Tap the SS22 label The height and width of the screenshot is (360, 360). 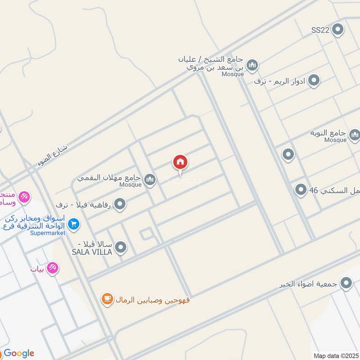pyautogui.click(x=320, y=30)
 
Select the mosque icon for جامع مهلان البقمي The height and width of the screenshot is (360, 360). pyautogui.click(x=150, y=180)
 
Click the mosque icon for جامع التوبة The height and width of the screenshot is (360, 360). pyautogui.click(x=355, y=135)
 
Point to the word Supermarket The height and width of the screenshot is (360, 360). pyautogui.click(x=48, y=233)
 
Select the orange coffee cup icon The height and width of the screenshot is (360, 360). pyautogui.click(x=107, y=299)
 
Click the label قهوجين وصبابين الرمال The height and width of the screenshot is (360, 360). pyautogui.click(x=153, y=299)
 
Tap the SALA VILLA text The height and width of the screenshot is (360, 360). pyautogui.click(x=92, y=252)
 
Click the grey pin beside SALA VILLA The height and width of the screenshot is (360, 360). pyautogui.click(x=120, y=247)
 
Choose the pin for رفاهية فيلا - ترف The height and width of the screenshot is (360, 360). pyautogui.click(x=120, y=205)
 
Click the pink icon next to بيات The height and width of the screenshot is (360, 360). pyautogui.click(x=53, y=268)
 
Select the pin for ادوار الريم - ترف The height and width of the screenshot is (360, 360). pyautogui.click(x=314, y=81)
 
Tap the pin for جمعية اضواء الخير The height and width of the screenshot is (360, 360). pyautogui.click(x=346, y=283)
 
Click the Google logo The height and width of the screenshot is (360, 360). pyautogui.click(x=18, y=353)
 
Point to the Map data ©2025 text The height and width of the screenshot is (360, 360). pyautogui.click(x=335, y=355)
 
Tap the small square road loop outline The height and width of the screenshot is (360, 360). pyautogui.click(x=146, y=234)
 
